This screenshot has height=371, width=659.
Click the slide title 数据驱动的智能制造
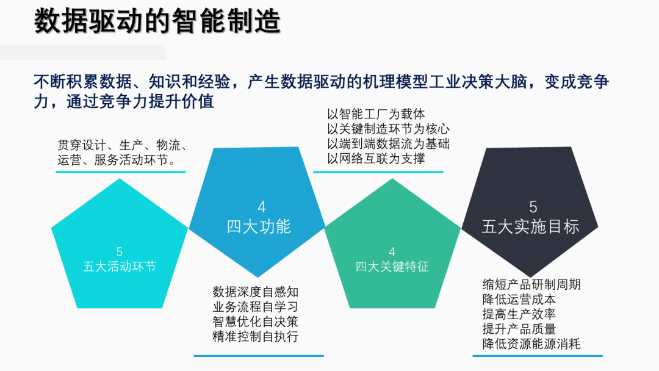(x=157, y=21)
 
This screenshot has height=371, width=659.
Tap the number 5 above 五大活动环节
(x=120, y=251)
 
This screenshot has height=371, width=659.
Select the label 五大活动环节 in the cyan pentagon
(x=120, y=267)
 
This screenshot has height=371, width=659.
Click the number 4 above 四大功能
(x=261, y=207)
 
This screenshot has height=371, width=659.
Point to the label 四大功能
(x=259, y=226)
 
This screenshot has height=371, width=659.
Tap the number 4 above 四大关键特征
(x=392, y=251)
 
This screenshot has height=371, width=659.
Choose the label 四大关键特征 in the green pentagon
(x=392, y=267)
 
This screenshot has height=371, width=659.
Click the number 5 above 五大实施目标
(x=533, y=207)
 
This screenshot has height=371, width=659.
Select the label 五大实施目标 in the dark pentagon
(x=530, y=226)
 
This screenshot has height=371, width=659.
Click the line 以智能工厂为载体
(x=376, y=114)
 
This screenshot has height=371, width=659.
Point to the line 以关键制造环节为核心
(x=388, y=129)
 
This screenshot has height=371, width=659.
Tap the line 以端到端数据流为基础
(x=388, y=143)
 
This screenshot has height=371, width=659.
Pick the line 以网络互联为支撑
(x=376, y=159)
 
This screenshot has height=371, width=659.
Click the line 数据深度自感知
(x=255, y=292)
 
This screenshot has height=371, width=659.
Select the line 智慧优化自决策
(x=255, y=322)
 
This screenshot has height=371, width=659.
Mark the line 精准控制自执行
(x=255, y=336)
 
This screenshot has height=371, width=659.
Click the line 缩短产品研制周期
(x=531, y=284)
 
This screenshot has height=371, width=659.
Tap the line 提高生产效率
(x=519, y=314)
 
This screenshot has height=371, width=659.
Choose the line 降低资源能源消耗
(x=531, y=344)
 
